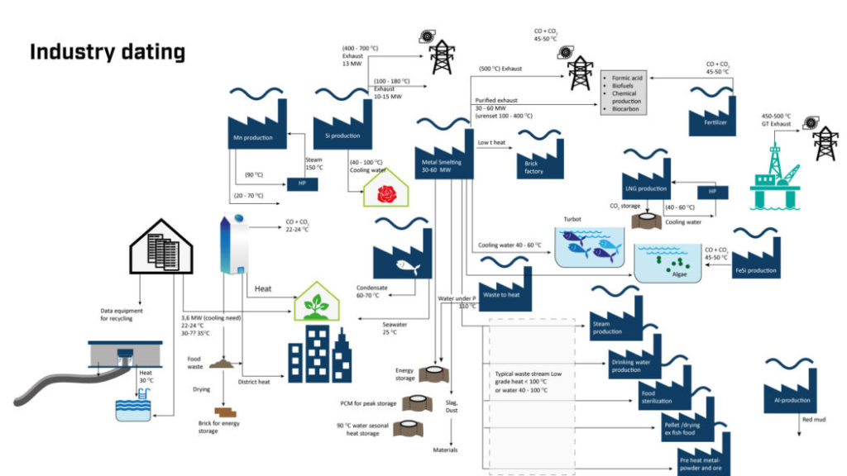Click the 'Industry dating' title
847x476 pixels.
pos(107,51)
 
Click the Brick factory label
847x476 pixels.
pos(534,167)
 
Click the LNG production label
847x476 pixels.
pos(645,188)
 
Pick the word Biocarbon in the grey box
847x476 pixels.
pos(624,108)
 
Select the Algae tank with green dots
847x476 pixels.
pos(670,263)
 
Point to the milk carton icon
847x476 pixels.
pos(233,244)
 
